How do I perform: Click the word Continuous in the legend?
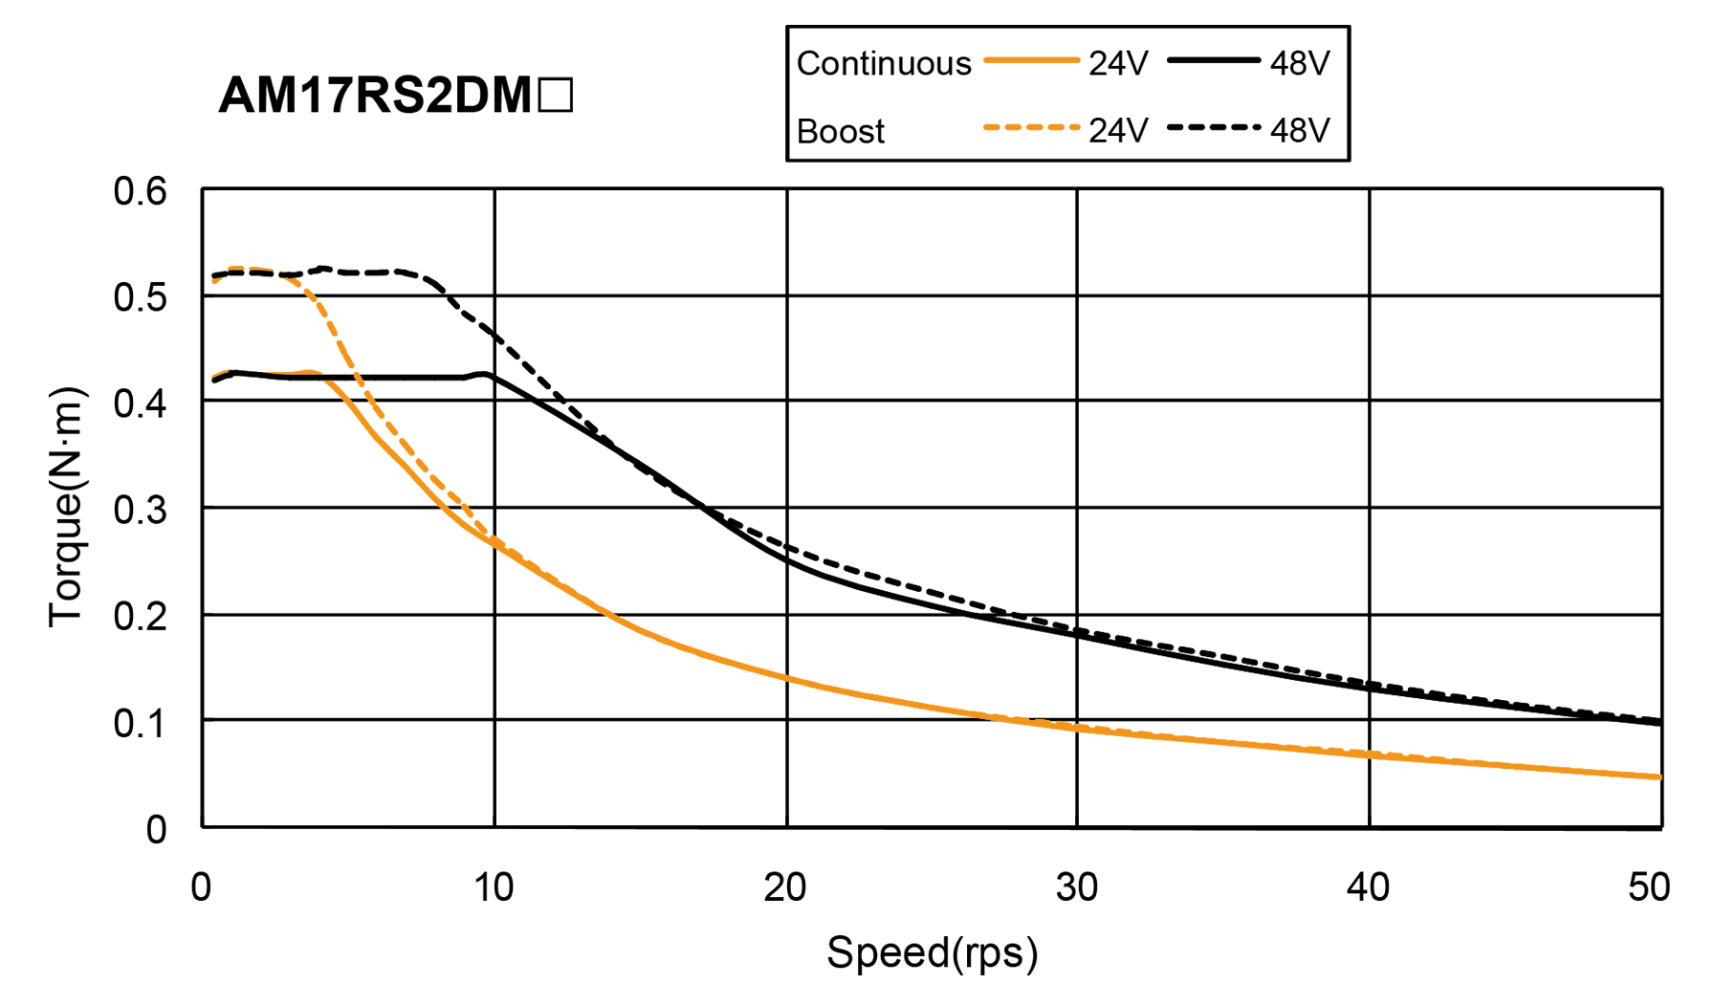pos(883,63)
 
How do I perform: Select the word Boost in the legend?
pos(840,131)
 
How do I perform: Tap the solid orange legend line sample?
pos(1031,61)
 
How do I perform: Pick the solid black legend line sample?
pos(1213,61)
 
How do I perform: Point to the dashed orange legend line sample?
pos(1031,128)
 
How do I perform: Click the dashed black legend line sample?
pos(1213,128)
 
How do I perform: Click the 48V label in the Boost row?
pos(1299,131)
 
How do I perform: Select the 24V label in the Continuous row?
pos(1117,64)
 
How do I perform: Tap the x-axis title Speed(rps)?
pos(932,952)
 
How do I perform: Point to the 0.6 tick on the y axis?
pos(140,191)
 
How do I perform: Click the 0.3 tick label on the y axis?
pos(140,510)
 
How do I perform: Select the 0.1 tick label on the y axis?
pos(140,723)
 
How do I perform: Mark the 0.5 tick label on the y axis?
pos(140,297)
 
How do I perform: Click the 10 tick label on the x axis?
pos(494,888)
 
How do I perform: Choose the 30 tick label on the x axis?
pos(1078,888)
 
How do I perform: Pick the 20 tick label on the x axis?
pos(785,888)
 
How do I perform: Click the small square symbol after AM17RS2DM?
pos(556,97)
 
